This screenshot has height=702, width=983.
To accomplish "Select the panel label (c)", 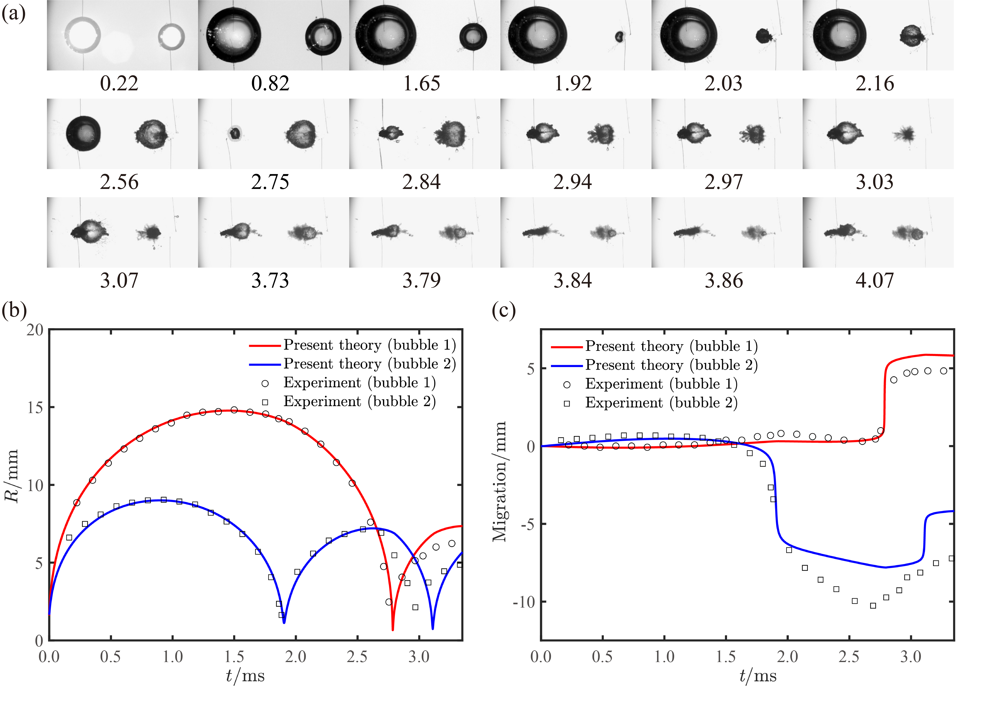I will pyautogui.click(x=504, y=310).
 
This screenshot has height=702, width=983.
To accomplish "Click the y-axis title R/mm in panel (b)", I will pyautogui.click(x=12, y=475).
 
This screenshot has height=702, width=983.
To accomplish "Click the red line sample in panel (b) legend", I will pyautogui.click(x=265, y=345).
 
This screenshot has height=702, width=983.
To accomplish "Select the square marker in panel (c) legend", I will pyautogui.click(x=567, y=403).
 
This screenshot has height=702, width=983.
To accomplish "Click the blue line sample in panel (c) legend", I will pyautogui.click(x=567, y=366).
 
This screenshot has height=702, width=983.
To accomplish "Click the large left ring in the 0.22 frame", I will pyautogui.click(x=83, y=35).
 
